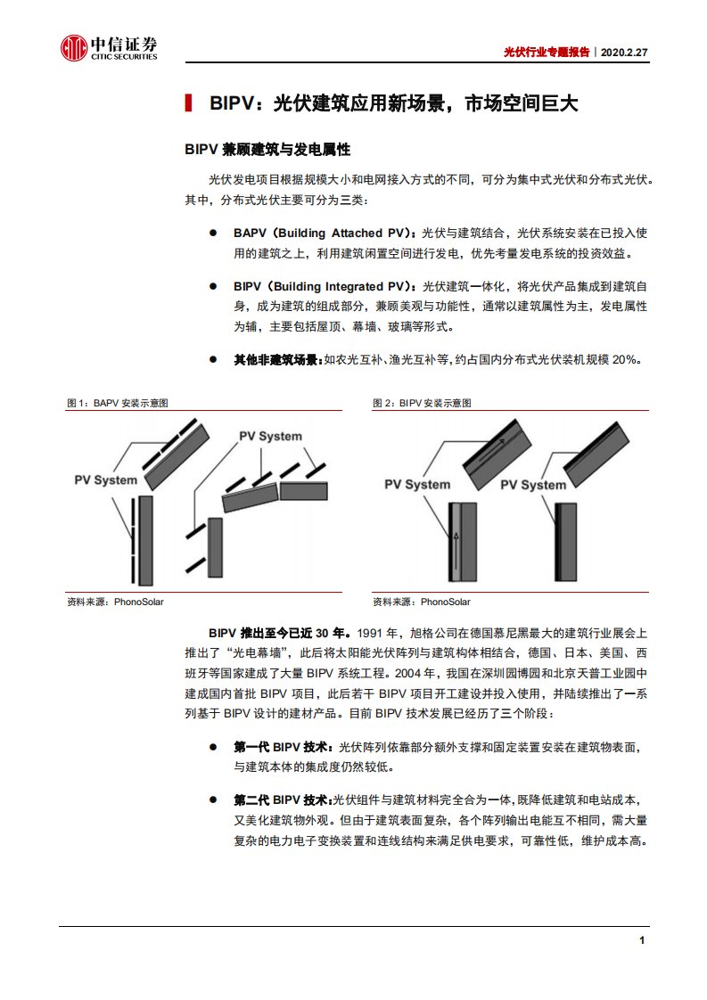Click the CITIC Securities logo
[x=109, y=48]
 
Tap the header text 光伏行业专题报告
[x=547, y=53]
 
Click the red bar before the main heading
[x=188, y=103]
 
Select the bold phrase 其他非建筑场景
[x=275, y=359]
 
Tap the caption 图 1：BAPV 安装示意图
[x=118, y=403]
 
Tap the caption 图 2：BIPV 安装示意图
[x=422, y=403]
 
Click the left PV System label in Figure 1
[x=105, y=480]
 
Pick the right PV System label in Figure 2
[x=532, y=485]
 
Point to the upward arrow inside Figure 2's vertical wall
[x=455, y=540]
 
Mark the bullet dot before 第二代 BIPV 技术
[x=213, y=799]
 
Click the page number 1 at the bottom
[x=641, y=941]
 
